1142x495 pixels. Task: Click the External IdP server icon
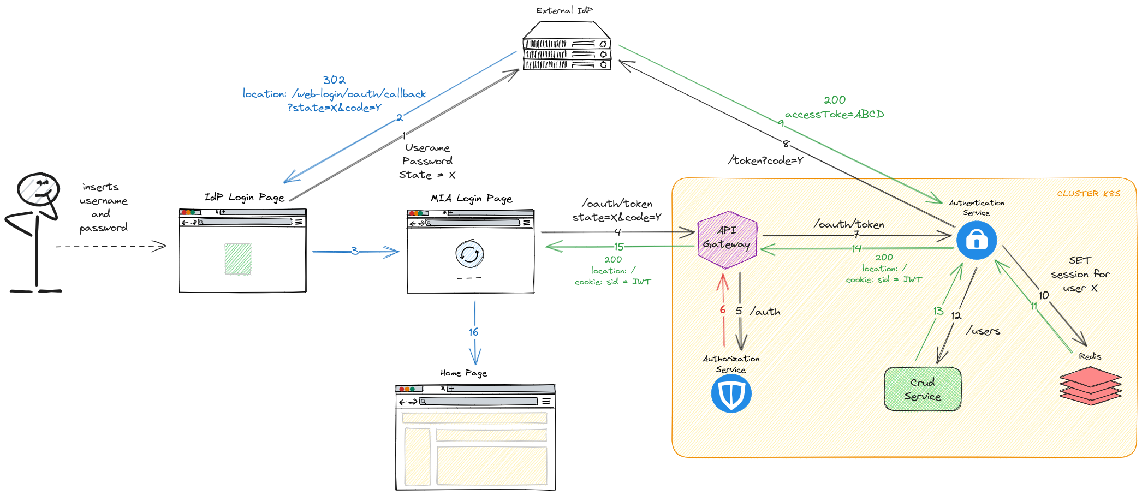pos(567,47)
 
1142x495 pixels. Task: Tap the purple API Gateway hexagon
pos(727,240)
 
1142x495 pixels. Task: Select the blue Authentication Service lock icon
pos(977,240)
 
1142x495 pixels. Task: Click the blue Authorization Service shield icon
pos(731,393)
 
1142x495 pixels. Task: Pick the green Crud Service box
pos(923,389)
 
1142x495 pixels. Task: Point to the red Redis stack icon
pos(1090,385)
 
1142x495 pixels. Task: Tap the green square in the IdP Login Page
pos(238,259)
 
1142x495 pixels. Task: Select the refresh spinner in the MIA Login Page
pos(469,254)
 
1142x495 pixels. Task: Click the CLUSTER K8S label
pos(1089,194)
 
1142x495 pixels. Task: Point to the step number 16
pos(473,332)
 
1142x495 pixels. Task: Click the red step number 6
pos(722,310)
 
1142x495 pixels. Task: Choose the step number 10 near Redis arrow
pos(1044,295)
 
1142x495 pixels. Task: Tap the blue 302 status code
pos(334,80)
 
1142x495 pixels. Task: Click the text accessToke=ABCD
pos(834,115)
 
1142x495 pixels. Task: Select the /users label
pos(983,331)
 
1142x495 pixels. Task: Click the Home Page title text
pos(463,373)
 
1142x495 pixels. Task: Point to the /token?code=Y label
pos(765,160)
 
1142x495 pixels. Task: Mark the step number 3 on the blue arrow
pos(355,251)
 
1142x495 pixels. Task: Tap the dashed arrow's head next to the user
pos(160,246)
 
